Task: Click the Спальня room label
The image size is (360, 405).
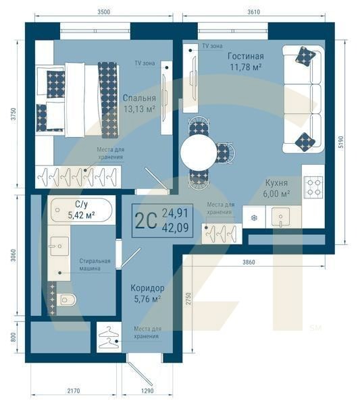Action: [x=139, y=98]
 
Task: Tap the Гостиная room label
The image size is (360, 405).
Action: [x=245, y=56]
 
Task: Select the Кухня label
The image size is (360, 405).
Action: [x=276, y=183]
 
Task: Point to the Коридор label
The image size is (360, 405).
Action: [x=147, y=288]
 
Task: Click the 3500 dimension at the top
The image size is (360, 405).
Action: [x=103, y=12]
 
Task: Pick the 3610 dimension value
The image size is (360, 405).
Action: [x=253, y=12]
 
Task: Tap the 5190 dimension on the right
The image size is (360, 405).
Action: [x=341, y=142]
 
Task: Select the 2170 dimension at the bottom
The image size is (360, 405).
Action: [x=74, y=391]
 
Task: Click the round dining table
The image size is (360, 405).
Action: [x=199, y=153]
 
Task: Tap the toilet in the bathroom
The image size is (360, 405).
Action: [x=67, y=300]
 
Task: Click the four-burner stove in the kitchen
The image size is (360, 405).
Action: [x=313, y=187]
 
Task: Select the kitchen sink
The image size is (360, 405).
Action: [x=281, y=217]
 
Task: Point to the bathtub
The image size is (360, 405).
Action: [x=82, y=210]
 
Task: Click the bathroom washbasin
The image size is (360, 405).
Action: [x=59, y=246]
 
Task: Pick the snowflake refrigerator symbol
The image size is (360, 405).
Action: [x=255, y=218]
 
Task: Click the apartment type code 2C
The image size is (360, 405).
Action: [x=146, y=221]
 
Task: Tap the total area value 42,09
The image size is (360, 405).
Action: [x=175, y=227]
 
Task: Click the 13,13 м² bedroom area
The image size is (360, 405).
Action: [x=140, y=109]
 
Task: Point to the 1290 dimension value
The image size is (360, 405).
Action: [x=147, y=391]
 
